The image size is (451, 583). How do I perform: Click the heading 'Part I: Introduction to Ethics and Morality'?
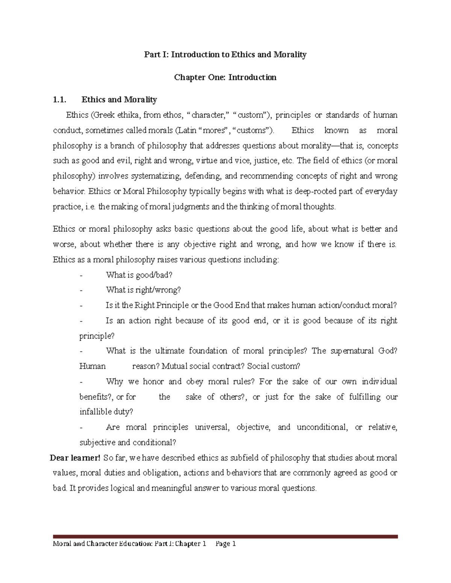225,55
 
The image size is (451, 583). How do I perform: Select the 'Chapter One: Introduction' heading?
225,77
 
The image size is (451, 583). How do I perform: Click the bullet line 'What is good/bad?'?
139,275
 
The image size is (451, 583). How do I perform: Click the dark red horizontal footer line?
225,537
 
